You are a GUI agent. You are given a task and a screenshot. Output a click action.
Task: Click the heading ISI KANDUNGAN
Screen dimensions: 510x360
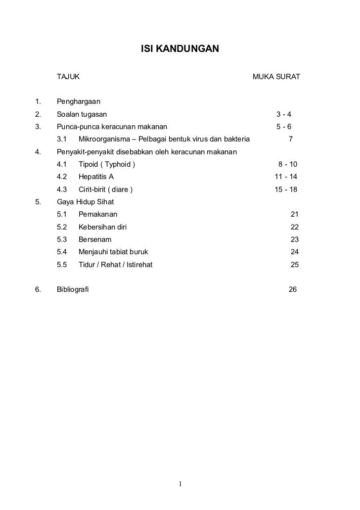click(180, 50)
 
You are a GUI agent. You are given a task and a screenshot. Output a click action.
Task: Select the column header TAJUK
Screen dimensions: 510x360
click(69, 77)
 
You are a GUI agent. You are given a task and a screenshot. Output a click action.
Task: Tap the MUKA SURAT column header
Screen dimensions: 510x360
click(276, 77)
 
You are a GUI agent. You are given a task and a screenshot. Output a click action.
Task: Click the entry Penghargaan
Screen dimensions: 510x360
click(79, 101)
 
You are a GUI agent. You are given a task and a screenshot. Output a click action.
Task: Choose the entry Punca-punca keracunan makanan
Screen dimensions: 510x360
click(112, 126)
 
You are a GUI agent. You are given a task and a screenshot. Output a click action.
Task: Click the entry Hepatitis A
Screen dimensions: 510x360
click(96, 177)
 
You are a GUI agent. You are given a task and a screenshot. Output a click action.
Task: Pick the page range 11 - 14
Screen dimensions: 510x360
click(286, 177)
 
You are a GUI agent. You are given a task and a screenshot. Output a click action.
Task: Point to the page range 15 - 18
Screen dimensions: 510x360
click(286, 189)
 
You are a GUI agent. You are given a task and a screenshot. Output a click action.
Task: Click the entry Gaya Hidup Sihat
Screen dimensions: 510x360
click(86, 202)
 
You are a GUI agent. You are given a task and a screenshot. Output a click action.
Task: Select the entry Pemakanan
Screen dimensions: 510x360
click(98, 214)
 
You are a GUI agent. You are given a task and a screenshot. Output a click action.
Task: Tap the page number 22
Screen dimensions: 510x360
click(295, 227)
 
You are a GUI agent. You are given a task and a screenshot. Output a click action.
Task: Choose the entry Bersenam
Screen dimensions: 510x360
click(95, 239)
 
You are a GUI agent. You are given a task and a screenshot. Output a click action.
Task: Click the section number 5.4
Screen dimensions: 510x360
click(62, 252)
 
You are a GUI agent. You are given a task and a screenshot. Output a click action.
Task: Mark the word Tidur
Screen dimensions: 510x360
click(87, 265)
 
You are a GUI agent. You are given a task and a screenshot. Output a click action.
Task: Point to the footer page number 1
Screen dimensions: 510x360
click(181, 483)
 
